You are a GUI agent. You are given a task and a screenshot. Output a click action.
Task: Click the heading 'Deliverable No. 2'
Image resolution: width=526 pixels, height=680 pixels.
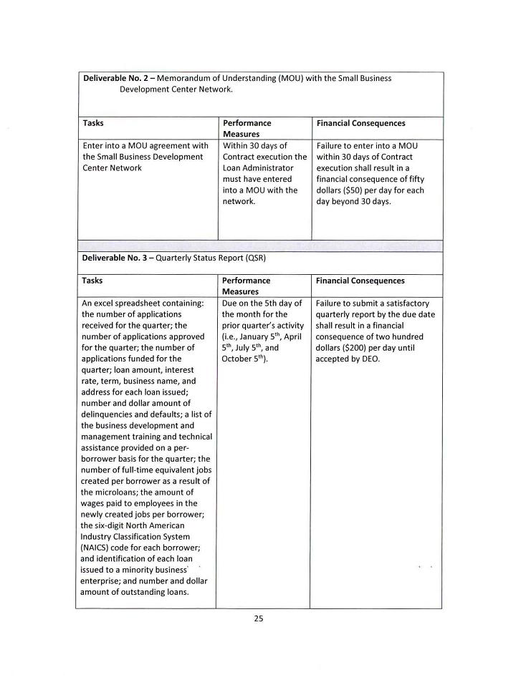pyautogui.click(x=118, y=78)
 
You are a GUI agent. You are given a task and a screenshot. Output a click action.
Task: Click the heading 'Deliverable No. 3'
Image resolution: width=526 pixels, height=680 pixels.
pyautogui.click(x=118, y=258)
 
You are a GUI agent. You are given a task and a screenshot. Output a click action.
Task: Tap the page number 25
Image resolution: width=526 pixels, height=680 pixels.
pyautogui.click(x=259, y=619)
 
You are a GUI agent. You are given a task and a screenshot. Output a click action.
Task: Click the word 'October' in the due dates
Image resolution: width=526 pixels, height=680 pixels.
pyautogui.click(x=239, y=359)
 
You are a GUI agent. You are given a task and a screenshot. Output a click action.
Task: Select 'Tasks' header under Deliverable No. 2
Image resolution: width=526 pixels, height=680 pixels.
pyautogui.click(x=93, y=123)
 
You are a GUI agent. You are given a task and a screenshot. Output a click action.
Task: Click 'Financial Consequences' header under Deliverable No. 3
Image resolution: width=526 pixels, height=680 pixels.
pyautogui.click(x=360, y=281)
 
